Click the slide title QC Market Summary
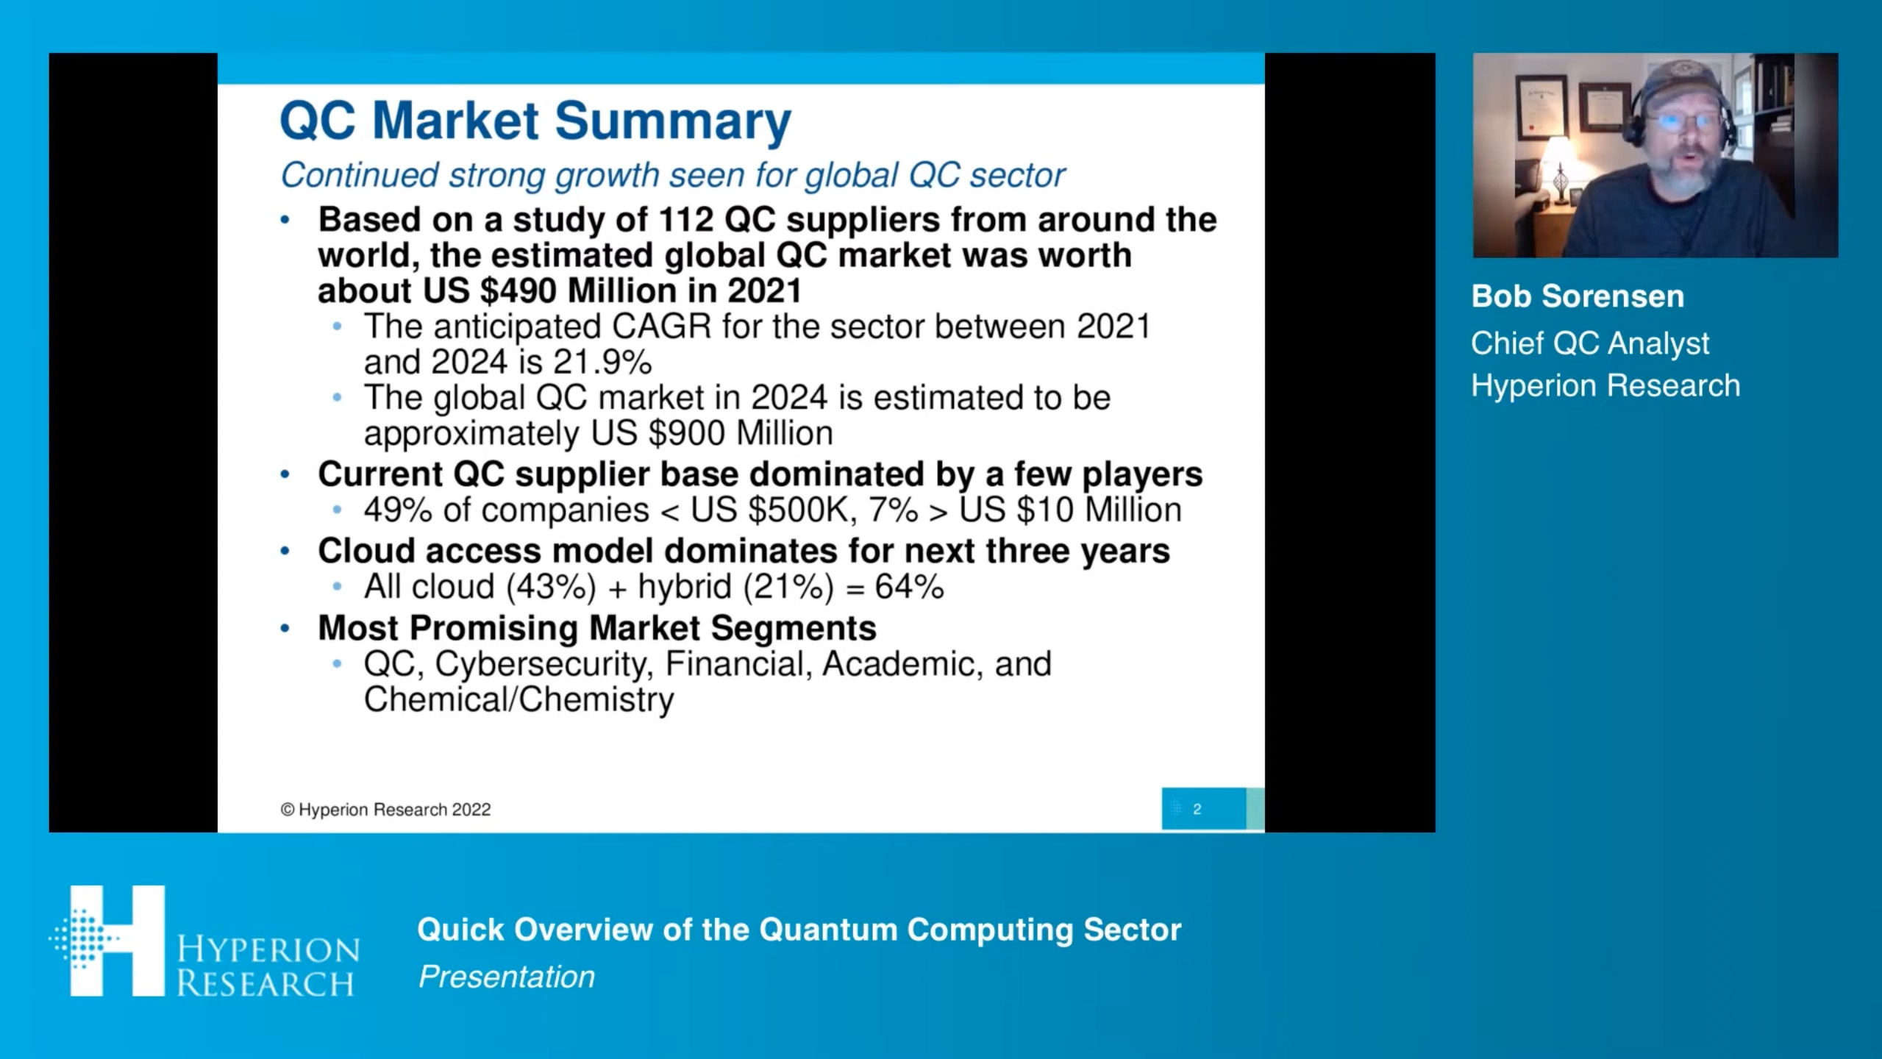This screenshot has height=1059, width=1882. pos(535,121)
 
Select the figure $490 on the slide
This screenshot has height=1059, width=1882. pos(518,290)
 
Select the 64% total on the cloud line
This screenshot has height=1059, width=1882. pos(910,587)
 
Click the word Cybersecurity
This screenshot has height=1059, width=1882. pos(544,664)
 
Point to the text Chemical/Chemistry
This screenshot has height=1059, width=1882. pos(518,699)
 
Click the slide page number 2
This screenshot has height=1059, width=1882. pos(1197,809)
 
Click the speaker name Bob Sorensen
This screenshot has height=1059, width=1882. pos(1578,296)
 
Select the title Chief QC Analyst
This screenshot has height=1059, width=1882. pos(1590,343)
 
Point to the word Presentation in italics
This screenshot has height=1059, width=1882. pos(507,977)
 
